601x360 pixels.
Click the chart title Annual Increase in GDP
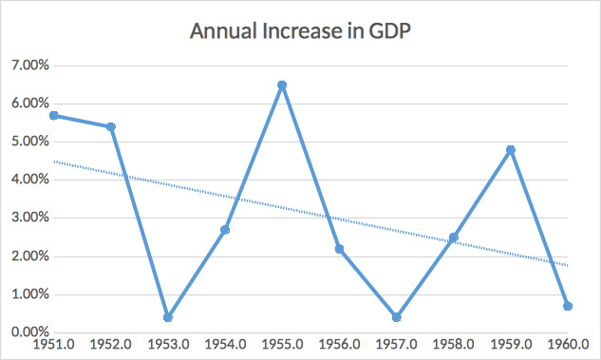(x=299, y=30)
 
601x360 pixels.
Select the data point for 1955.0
(x=282, y=85)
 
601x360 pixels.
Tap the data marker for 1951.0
(x=54, y=115)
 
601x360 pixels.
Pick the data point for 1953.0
(x=168, y=317)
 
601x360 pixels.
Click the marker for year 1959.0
(x=511, y=149)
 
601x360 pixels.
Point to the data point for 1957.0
(x=396, y=317)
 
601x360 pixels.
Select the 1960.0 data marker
(x=567, y=306)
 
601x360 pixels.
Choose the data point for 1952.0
(x=111, y=126)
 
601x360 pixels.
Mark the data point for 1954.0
(x=225, y=230)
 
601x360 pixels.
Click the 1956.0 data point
(x=339, y=249)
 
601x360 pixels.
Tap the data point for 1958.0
(x=454, y=237)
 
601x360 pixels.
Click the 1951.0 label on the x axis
(x=54, y=347)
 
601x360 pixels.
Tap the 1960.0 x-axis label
(x=567, y=347)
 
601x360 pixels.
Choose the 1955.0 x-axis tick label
(x=282, y=347)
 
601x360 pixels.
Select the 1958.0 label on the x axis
(x=454, y=347)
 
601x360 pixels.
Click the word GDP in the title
(x=387, y=30)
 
